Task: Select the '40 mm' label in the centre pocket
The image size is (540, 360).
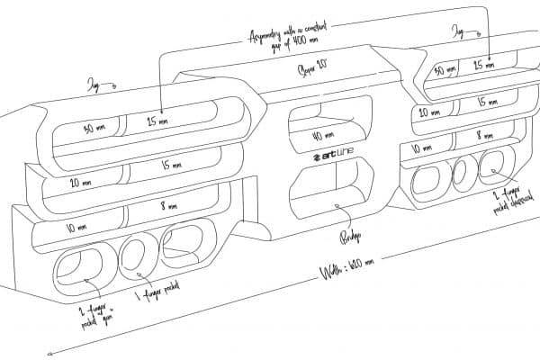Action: (324, 135)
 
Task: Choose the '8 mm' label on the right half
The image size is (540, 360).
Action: (485, 135)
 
